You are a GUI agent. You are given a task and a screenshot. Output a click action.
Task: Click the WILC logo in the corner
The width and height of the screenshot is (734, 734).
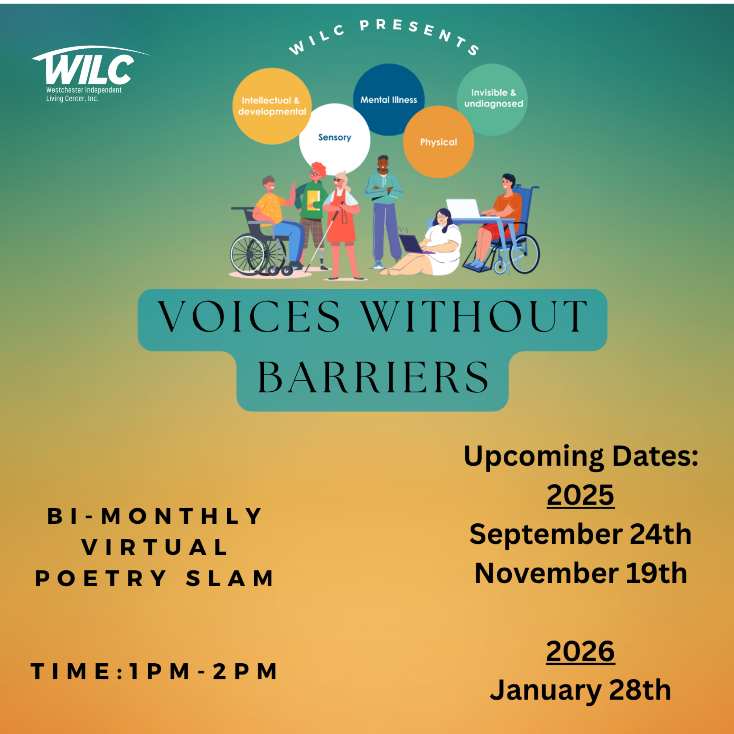tap(90, 74)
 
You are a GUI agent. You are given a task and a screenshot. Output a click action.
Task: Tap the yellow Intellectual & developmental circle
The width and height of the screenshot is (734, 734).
tap(272, 106)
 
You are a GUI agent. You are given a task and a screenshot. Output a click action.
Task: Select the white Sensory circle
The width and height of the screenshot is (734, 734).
tap(334, 139)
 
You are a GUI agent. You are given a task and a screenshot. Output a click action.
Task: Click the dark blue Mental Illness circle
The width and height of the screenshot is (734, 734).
tap(389, 100)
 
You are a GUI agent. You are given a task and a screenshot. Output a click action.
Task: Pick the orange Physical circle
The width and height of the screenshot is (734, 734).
tap(439, 142)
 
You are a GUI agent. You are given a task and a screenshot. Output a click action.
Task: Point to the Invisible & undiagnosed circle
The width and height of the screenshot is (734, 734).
tap(492, 100)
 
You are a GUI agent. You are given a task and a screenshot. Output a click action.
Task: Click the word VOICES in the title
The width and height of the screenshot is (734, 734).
tap(249, 316)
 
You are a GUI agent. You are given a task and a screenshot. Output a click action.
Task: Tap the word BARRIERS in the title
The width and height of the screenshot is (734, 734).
tap(373, 377)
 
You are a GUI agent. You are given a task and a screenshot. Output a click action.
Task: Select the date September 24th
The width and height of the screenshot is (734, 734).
tap(580, 534)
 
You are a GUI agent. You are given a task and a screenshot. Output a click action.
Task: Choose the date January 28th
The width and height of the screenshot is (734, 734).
tap(580, 690)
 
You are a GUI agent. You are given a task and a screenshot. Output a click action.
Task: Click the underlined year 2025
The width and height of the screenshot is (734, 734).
tap(580, 495)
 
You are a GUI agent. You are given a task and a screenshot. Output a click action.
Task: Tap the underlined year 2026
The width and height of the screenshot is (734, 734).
tap(580, 651)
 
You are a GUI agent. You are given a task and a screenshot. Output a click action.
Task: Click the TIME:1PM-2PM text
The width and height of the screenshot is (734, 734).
tap(154, 671)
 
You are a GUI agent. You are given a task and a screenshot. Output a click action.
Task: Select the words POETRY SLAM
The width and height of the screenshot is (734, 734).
tap(154, 578)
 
